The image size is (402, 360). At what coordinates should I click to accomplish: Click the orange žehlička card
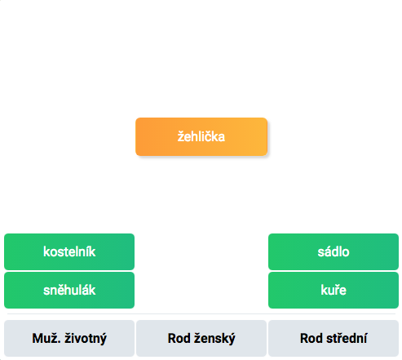[x=201, y=136]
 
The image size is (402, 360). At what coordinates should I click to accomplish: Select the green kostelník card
[x=69, y=251]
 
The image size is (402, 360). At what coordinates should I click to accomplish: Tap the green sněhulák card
[x=69, y=290]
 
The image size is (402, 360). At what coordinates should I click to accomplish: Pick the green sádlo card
[x=334, y=251]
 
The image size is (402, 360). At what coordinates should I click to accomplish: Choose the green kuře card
[x=334, y=290]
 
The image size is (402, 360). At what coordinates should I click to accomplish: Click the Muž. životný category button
[x=69, y=338]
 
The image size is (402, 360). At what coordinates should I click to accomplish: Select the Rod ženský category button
[x=201, y=338]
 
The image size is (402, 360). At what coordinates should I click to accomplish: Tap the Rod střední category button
[x=334, y=338]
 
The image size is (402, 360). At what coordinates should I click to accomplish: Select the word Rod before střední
[x=311, y=338]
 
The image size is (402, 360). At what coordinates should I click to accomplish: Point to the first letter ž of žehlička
[x=181, y=136]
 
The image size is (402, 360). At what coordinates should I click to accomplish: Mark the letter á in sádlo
[x=329, y=251]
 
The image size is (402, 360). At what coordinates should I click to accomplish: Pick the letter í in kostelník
[x=87, y=251]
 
